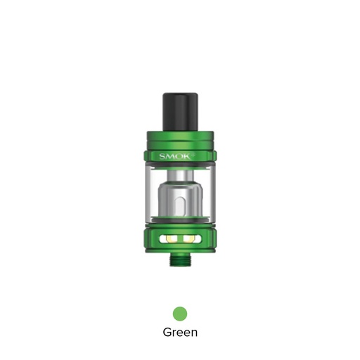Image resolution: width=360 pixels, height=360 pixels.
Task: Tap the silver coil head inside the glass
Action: click(x=180, y=204)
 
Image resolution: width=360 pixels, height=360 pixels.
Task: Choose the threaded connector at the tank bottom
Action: click(x=180, y=262)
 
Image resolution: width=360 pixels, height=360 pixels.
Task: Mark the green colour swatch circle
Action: click(x=180, y=311)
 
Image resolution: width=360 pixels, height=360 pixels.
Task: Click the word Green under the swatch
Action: click(x=180, y=331)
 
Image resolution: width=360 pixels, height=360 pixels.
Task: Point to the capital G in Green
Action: click(x=167, y=331)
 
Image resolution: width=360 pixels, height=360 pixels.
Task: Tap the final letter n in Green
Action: click(x=193, y=332)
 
